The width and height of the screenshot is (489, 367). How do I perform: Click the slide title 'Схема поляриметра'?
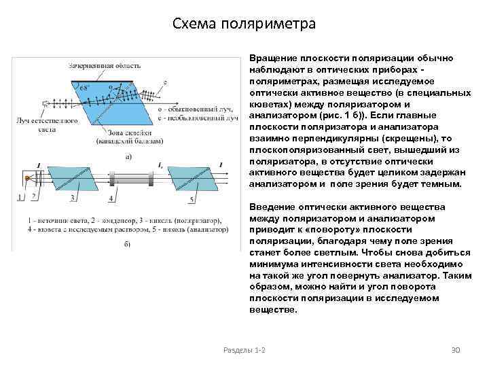(x=244, y=24)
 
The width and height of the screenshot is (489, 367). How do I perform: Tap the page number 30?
(x=456, y=349)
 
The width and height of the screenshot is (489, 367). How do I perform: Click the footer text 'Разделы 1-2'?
(x=244, y=349)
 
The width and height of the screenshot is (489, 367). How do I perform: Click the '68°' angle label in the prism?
(x=84, y=88)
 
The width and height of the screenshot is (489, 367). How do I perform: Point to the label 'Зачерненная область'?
(x=105, y=65)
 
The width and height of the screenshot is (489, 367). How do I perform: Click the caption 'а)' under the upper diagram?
(x=128, y=156)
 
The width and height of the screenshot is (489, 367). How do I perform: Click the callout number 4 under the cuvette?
(x=111, y=198)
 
